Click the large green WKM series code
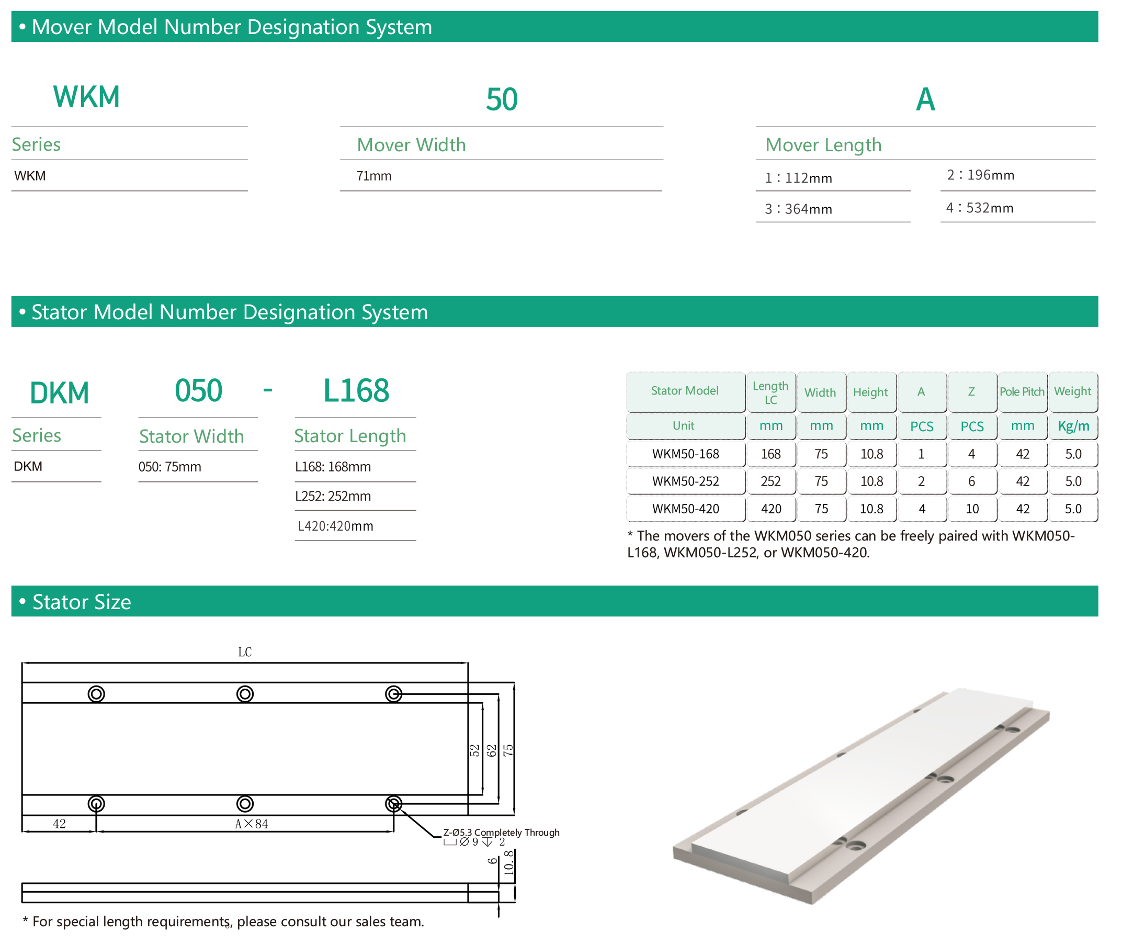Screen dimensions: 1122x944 [x=87, y=97]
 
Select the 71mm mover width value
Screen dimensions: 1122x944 [x=375, y=176]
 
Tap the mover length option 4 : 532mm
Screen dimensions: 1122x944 [x=980, y=208]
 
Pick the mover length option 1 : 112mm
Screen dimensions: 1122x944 [x=798, y=178]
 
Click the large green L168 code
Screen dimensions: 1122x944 [x=356, y=391]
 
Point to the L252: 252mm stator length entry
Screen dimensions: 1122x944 [x=333, y=497]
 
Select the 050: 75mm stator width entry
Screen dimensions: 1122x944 [x=170, y=467]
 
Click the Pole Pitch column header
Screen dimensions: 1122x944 [x=1023, y=392]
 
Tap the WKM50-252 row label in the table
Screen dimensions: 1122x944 [x=686, y=481]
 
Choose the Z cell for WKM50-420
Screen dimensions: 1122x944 [x=973, y=510]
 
